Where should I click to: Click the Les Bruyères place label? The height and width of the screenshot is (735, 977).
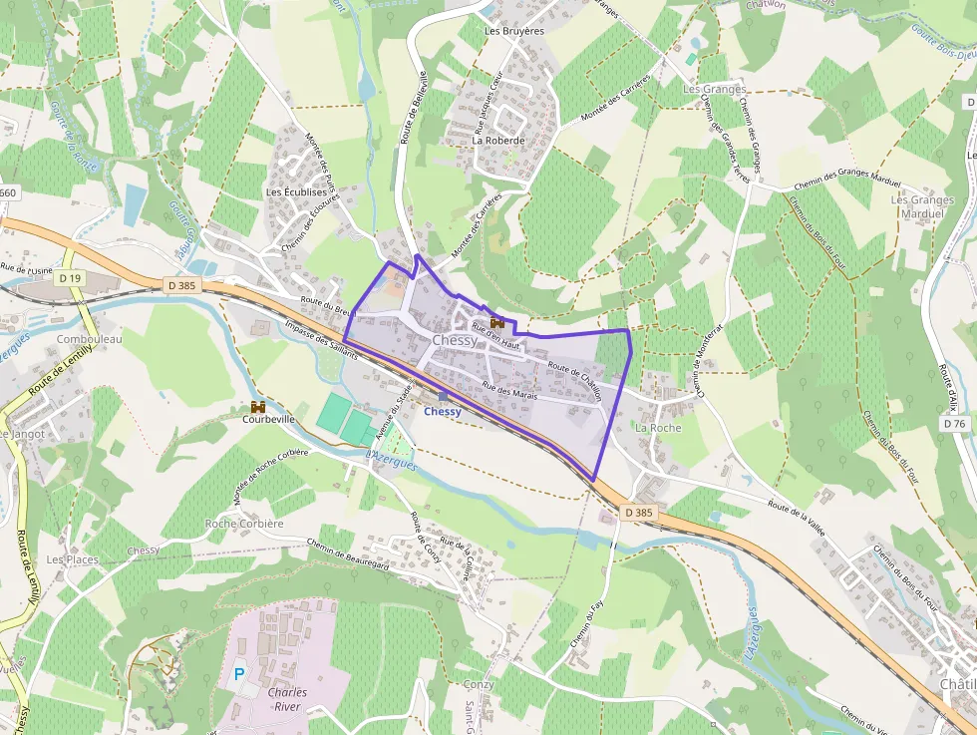513,31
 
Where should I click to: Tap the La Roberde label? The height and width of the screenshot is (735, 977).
497,141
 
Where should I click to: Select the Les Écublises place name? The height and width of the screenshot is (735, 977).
296,191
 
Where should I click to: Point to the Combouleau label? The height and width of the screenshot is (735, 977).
89,339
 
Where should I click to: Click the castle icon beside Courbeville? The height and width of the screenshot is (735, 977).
258,407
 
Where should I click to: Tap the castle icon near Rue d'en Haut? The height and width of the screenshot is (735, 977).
496,323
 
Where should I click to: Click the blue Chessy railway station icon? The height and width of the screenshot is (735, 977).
444,397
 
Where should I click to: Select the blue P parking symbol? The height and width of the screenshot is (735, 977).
239,673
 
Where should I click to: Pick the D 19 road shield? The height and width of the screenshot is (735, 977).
69,279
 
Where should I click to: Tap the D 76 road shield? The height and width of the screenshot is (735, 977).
954,424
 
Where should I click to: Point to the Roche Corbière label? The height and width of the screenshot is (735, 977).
244,524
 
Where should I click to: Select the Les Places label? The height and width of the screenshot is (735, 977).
73,559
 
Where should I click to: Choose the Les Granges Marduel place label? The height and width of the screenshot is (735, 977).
922,206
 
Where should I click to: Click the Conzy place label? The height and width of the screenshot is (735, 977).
479,684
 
